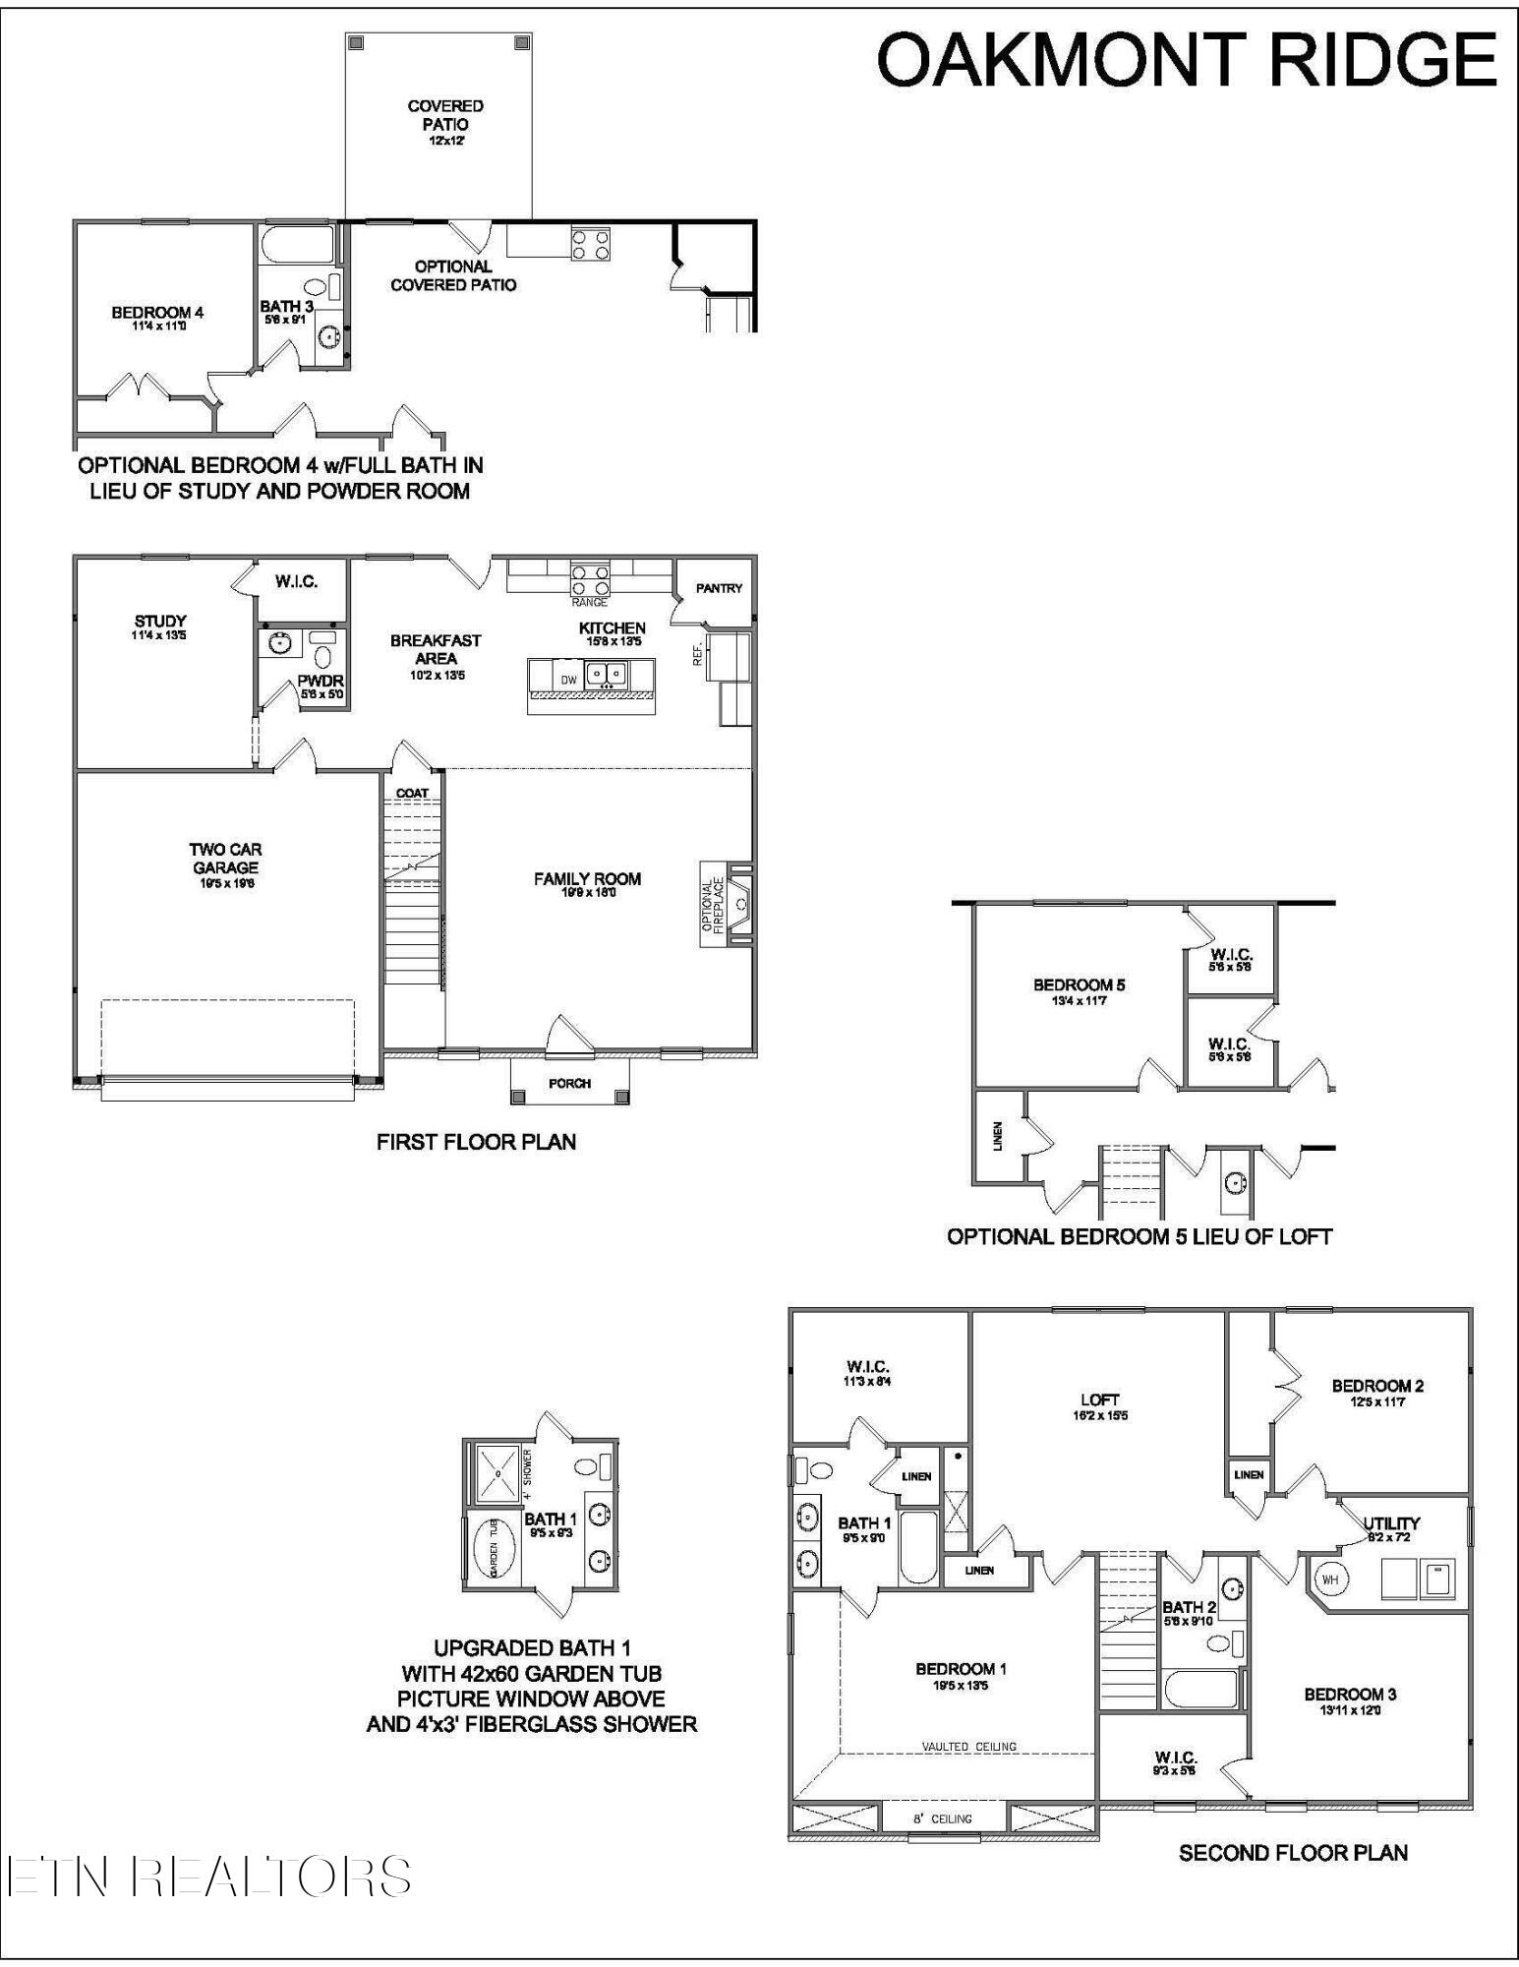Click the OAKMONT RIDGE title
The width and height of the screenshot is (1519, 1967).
pos(1186,59)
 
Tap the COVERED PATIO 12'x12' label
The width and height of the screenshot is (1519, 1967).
pos(445,121)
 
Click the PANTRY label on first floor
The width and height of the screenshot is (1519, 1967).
pos(719,588)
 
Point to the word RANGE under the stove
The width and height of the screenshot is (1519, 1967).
pos(589,602)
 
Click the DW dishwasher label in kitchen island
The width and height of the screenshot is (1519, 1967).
pos(568,680)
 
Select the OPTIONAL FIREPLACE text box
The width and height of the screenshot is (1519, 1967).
pos(712,904)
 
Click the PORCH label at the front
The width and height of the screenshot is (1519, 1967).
pos(569,1083)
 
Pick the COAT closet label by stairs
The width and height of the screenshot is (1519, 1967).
pos(412,793)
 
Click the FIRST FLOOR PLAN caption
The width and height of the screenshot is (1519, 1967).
pos(476,1142)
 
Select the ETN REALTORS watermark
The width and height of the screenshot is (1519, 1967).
pos(208,1877)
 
